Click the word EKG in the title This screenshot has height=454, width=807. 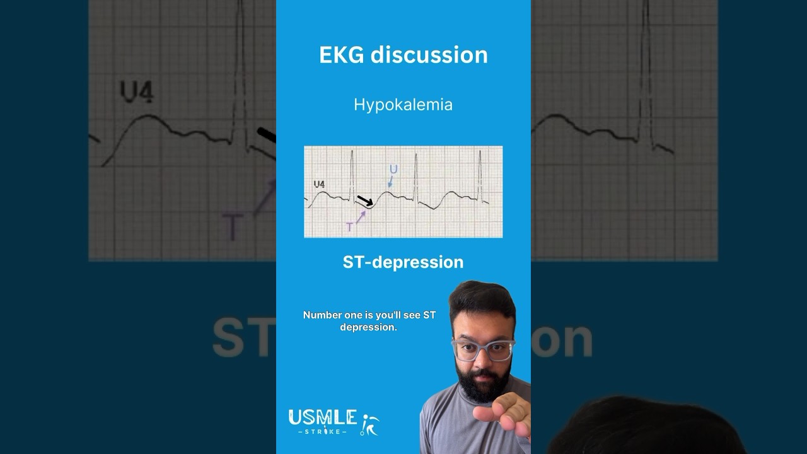pyautogui.click(x=342, y=55)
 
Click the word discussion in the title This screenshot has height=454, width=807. pyautogui.click(x=429, y=55)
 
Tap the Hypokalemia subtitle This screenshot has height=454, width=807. pyautogui.click(x=403, y=105)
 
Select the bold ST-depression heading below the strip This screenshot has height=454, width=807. pyautogui.click(x=403, y=262)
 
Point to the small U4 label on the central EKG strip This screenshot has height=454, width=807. pyautogui.click(x=319, y=184)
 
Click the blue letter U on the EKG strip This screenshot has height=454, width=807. pyautogui.click(x=393, y=169)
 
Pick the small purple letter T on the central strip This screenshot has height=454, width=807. pyautogui.click(x=349, y=227)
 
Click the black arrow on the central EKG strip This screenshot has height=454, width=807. pyautogui.click(x=365, y=201)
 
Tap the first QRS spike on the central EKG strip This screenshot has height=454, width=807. pyautogui.click(x=352, y=173)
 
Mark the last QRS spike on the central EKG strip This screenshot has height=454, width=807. pyautogui.click(x=480, y=173)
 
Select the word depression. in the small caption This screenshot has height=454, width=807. pyautogui.click(x=368, y=327)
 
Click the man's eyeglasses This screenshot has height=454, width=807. pyautogui.click(x=483, y=349)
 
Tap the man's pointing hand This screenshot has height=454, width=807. pyautogui.click(x=502, y=416)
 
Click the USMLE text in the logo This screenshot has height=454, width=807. pyautogui.click(x=322, y=417)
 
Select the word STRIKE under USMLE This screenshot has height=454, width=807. pyautogui.click(x=322, y=432)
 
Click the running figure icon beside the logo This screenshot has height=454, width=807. pyautogui.click(x=369, y=424)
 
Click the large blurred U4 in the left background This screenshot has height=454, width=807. pyautogui.click(x=137, y=92)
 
